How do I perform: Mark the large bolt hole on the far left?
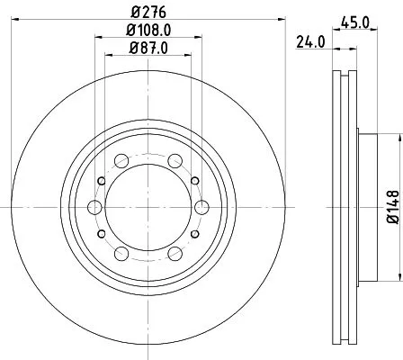[x=94, y=208]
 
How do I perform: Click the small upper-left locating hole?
[x=101, y=182]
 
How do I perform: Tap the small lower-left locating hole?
[x=101, y=234]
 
